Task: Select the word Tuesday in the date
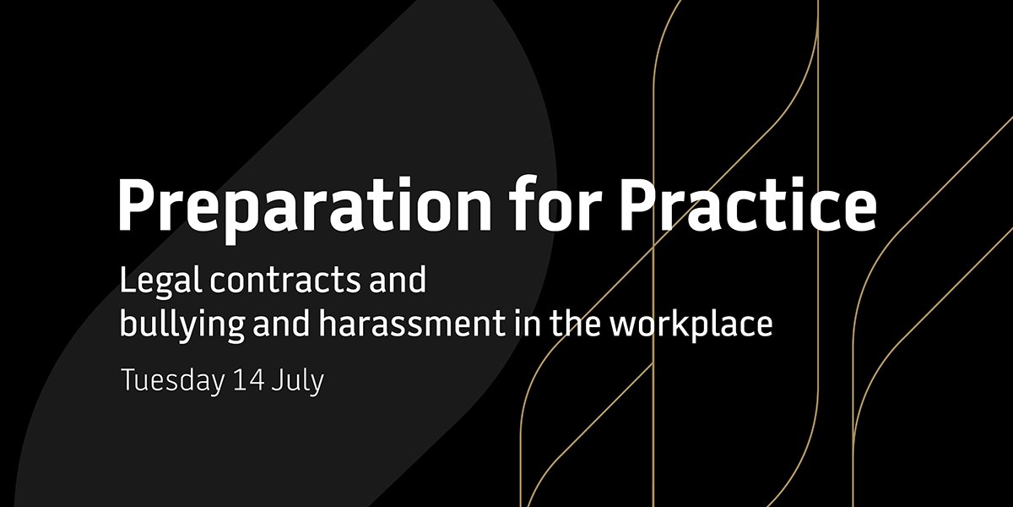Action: click(x=171, y=380)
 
